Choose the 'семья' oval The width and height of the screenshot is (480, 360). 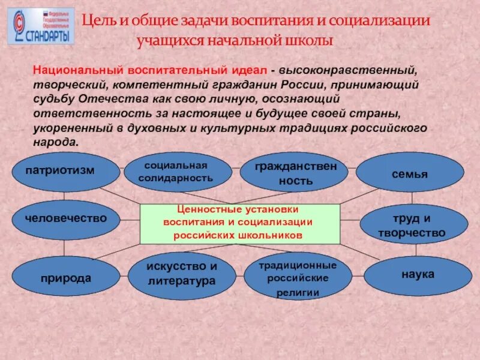[410, 173]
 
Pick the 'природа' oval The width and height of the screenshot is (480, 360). [66, 277]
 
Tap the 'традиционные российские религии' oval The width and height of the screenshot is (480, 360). [298, 278]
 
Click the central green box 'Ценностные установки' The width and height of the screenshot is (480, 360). [240, 223]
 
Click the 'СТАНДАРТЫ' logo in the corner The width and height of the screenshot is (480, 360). [41, 26]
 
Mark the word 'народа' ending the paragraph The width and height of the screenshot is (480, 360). [55, 143]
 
